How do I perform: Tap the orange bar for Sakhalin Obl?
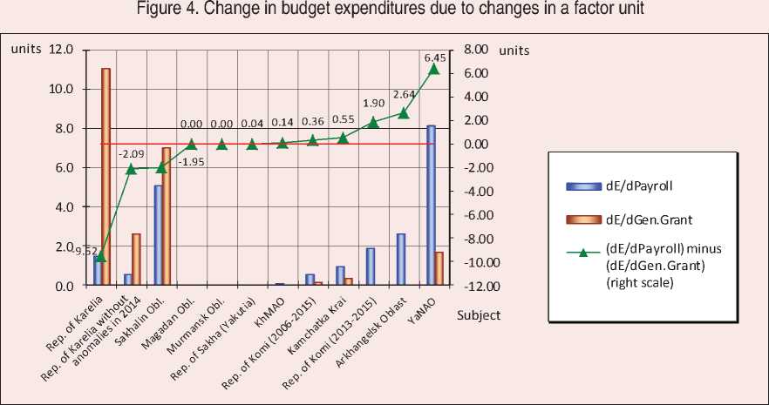[x=167, y=216]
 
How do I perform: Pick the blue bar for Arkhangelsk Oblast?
[x=401, y=259]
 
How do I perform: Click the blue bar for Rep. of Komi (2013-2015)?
[x=371, y=267]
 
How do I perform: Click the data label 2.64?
[x=405, y=95]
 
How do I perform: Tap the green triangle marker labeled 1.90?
[x=373, y=122]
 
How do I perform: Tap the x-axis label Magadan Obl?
[x=180, y=318]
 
